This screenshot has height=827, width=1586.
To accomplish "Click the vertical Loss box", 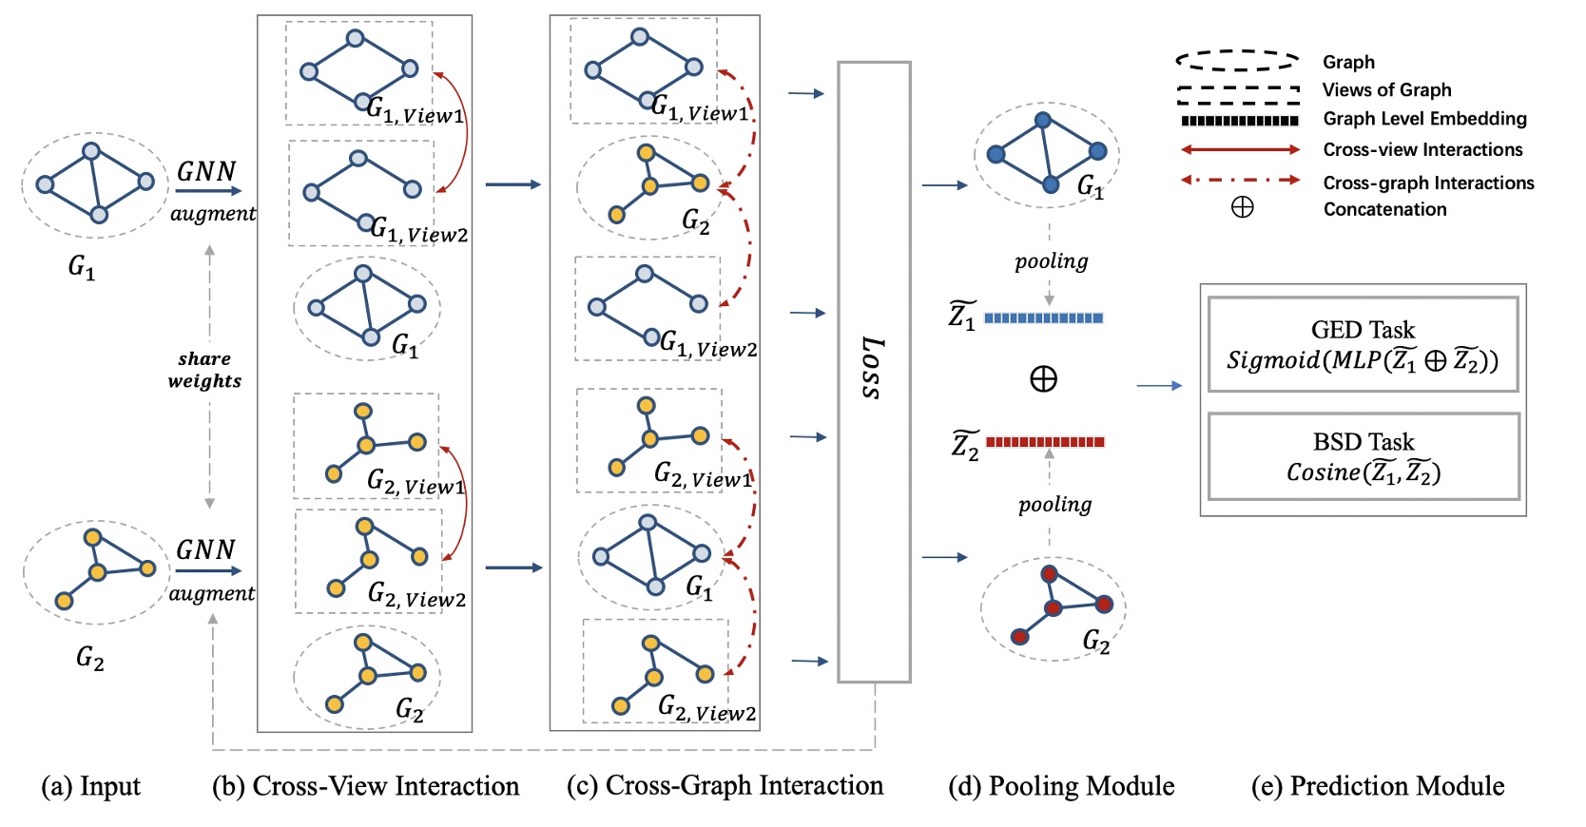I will tap(874, 372).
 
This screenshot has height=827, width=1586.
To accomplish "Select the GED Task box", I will tap(1363, 344).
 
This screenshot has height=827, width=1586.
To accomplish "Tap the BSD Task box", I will tap(1363, 456).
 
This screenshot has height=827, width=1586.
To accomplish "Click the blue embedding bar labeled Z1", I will tap(1043, 317).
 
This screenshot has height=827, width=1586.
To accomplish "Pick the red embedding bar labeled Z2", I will tap(1045, 441).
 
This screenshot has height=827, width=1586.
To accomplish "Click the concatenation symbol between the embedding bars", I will tap(1043, 379).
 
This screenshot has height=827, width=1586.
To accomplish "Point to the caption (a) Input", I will tap(90, 786).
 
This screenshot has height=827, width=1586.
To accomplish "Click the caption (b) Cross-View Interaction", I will tap(366, 786).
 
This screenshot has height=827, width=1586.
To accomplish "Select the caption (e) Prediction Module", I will tap(1378, 786).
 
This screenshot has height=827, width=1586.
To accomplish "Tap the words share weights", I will tap(204, 370).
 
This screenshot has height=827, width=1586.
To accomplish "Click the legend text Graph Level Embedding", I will tap(1424, 119).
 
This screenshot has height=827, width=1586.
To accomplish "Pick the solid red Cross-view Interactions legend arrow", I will tap(1240, 149).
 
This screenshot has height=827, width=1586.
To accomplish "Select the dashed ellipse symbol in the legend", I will tap(1237, 61).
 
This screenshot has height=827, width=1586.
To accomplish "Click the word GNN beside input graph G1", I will tap(206, 171).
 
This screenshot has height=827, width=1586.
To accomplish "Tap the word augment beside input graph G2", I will tap(212, 593).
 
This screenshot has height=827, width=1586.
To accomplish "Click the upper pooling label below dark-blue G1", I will tap(1051, 261).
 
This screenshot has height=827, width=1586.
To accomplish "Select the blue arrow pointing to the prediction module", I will tap(1159, 385).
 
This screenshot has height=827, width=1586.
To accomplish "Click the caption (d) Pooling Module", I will tap(1061, 786).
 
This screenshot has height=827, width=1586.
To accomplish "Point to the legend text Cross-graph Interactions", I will tap(1428, 183).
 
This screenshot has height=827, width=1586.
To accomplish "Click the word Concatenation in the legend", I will tap(1384, 209).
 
